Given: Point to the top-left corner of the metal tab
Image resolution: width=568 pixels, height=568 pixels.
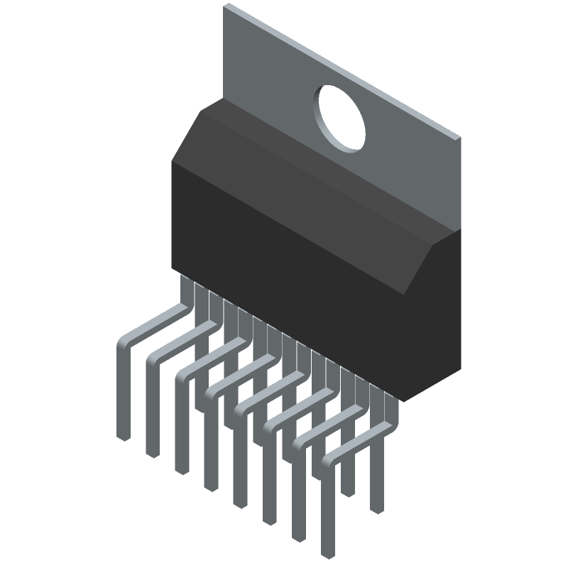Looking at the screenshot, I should click(226, 6).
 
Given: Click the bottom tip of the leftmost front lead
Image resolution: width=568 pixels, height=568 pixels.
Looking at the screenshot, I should click(124, 435).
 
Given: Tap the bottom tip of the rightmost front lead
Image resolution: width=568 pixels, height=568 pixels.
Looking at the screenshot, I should click(328, 553).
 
